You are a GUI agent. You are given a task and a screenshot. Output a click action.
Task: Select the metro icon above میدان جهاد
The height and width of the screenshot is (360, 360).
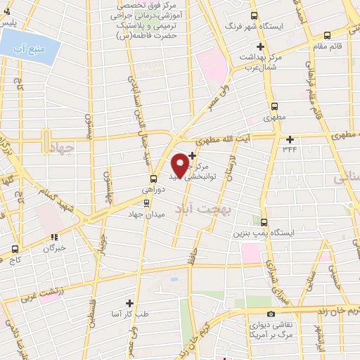146,204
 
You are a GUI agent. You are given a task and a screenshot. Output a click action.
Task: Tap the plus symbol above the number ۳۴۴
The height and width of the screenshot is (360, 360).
290,138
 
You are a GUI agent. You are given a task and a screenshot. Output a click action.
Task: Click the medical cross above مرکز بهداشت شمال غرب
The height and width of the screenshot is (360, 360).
260,46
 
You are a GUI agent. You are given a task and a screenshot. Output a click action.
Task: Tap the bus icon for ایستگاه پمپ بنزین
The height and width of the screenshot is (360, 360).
264,221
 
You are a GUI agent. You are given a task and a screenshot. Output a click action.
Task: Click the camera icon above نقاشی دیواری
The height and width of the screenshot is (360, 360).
271,314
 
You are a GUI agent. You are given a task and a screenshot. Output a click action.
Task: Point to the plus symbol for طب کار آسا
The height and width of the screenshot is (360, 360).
129,303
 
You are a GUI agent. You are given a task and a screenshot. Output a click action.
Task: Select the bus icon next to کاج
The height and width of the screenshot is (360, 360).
15,248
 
